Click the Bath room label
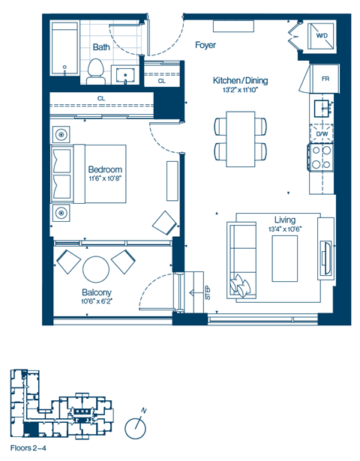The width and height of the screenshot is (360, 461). pyautogui.click(x=101, y=47)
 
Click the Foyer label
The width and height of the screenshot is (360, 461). pyautogui.click(x=205, y=46)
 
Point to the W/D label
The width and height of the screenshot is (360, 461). pyautogui.click(x=321, y=35)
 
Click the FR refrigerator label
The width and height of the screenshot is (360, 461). pyautogui.click(x=325, y=79)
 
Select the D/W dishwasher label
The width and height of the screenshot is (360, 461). pyautogui.click(x=322, y=134)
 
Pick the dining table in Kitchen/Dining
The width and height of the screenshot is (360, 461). pyautogui.click(x=241, y=139)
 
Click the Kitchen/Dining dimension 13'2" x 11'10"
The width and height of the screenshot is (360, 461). pyautogui.click(x=240, y=90)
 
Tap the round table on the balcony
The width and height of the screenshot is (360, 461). pyautogui.click(x=96, y=268)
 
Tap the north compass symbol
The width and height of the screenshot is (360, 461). pyautogui.click(x=136, y=427)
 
